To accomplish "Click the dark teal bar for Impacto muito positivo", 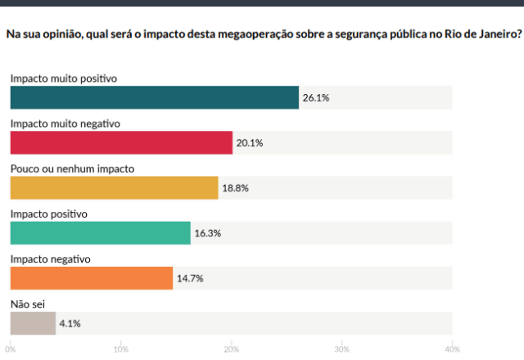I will coord(154,97).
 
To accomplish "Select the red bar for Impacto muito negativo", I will coord(121,142).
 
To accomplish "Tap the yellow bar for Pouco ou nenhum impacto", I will coord(114,187).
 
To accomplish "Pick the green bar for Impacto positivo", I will coord(100,233).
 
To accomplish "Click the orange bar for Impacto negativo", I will coord(92,278).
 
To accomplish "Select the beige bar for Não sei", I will coord(33,323).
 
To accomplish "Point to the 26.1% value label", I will coord(315,97).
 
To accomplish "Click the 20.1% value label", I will coord(249,142).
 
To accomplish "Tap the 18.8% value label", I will coord(235,187).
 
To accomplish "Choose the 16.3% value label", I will coord(207,233).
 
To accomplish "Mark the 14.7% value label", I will coord(190,278).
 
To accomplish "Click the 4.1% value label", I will coord(70,323).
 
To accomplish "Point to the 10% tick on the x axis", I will coord(120,349).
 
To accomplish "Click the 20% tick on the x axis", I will coord(231,349).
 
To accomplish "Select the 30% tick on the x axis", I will coord(341,349).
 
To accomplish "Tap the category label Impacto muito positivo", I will coord(64,79).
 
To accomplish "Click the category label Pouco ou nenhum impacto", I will coord(72,169).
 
